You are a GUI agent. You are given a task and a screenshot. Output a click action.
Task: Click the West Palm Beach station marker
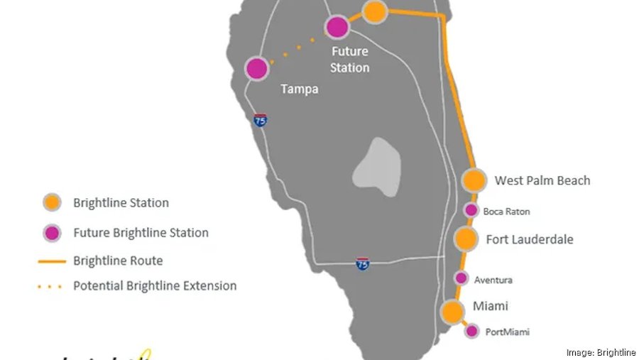point(474,180)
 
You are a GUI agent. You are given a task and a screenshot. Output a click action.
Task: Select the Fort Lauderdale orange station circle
point(466,239)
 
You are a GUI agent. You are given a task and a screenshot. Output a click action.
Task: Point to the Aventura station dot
point(461,278)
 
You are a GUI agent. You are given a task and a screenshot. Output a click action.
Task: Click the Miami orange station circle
point(452,312)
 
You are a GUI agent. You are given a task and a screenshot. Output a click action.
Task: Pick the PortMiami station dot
point(471,331)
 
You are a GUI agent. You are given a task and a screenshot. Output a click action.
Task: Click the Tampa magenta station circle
point(256,69)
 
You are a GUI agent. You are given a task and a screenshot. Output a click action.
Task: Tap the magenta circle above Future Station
point(337,28)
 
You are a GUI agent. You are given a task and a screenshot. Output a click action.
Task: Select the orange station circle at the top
point(375,11)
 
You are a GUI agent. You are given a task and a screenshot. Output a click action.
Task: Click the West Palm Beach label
point(542,180)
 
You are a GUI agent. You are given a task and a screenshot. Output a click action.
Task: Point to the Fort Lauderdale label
point(530,239)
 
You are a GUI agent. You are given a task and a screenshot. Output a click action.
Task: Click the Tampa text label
point(299,89)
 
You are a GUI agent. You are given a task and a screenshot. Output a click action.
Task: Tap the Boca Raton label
point(506,212)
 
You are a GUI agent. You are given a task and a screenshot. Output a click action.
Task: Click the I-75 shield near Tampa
point(261,120)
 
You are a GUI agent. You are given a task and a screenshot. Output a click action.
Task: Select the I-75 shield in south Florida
point(363,263)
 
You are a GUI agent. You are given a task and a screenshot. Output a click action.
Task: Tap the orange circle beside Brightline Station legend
point(51,202)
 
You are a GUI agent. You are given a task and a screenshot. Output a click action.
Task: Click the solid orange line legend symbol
point(51,261)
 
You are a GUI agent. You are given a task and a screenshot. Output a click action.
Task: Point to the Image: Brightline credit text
point(601,353)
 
